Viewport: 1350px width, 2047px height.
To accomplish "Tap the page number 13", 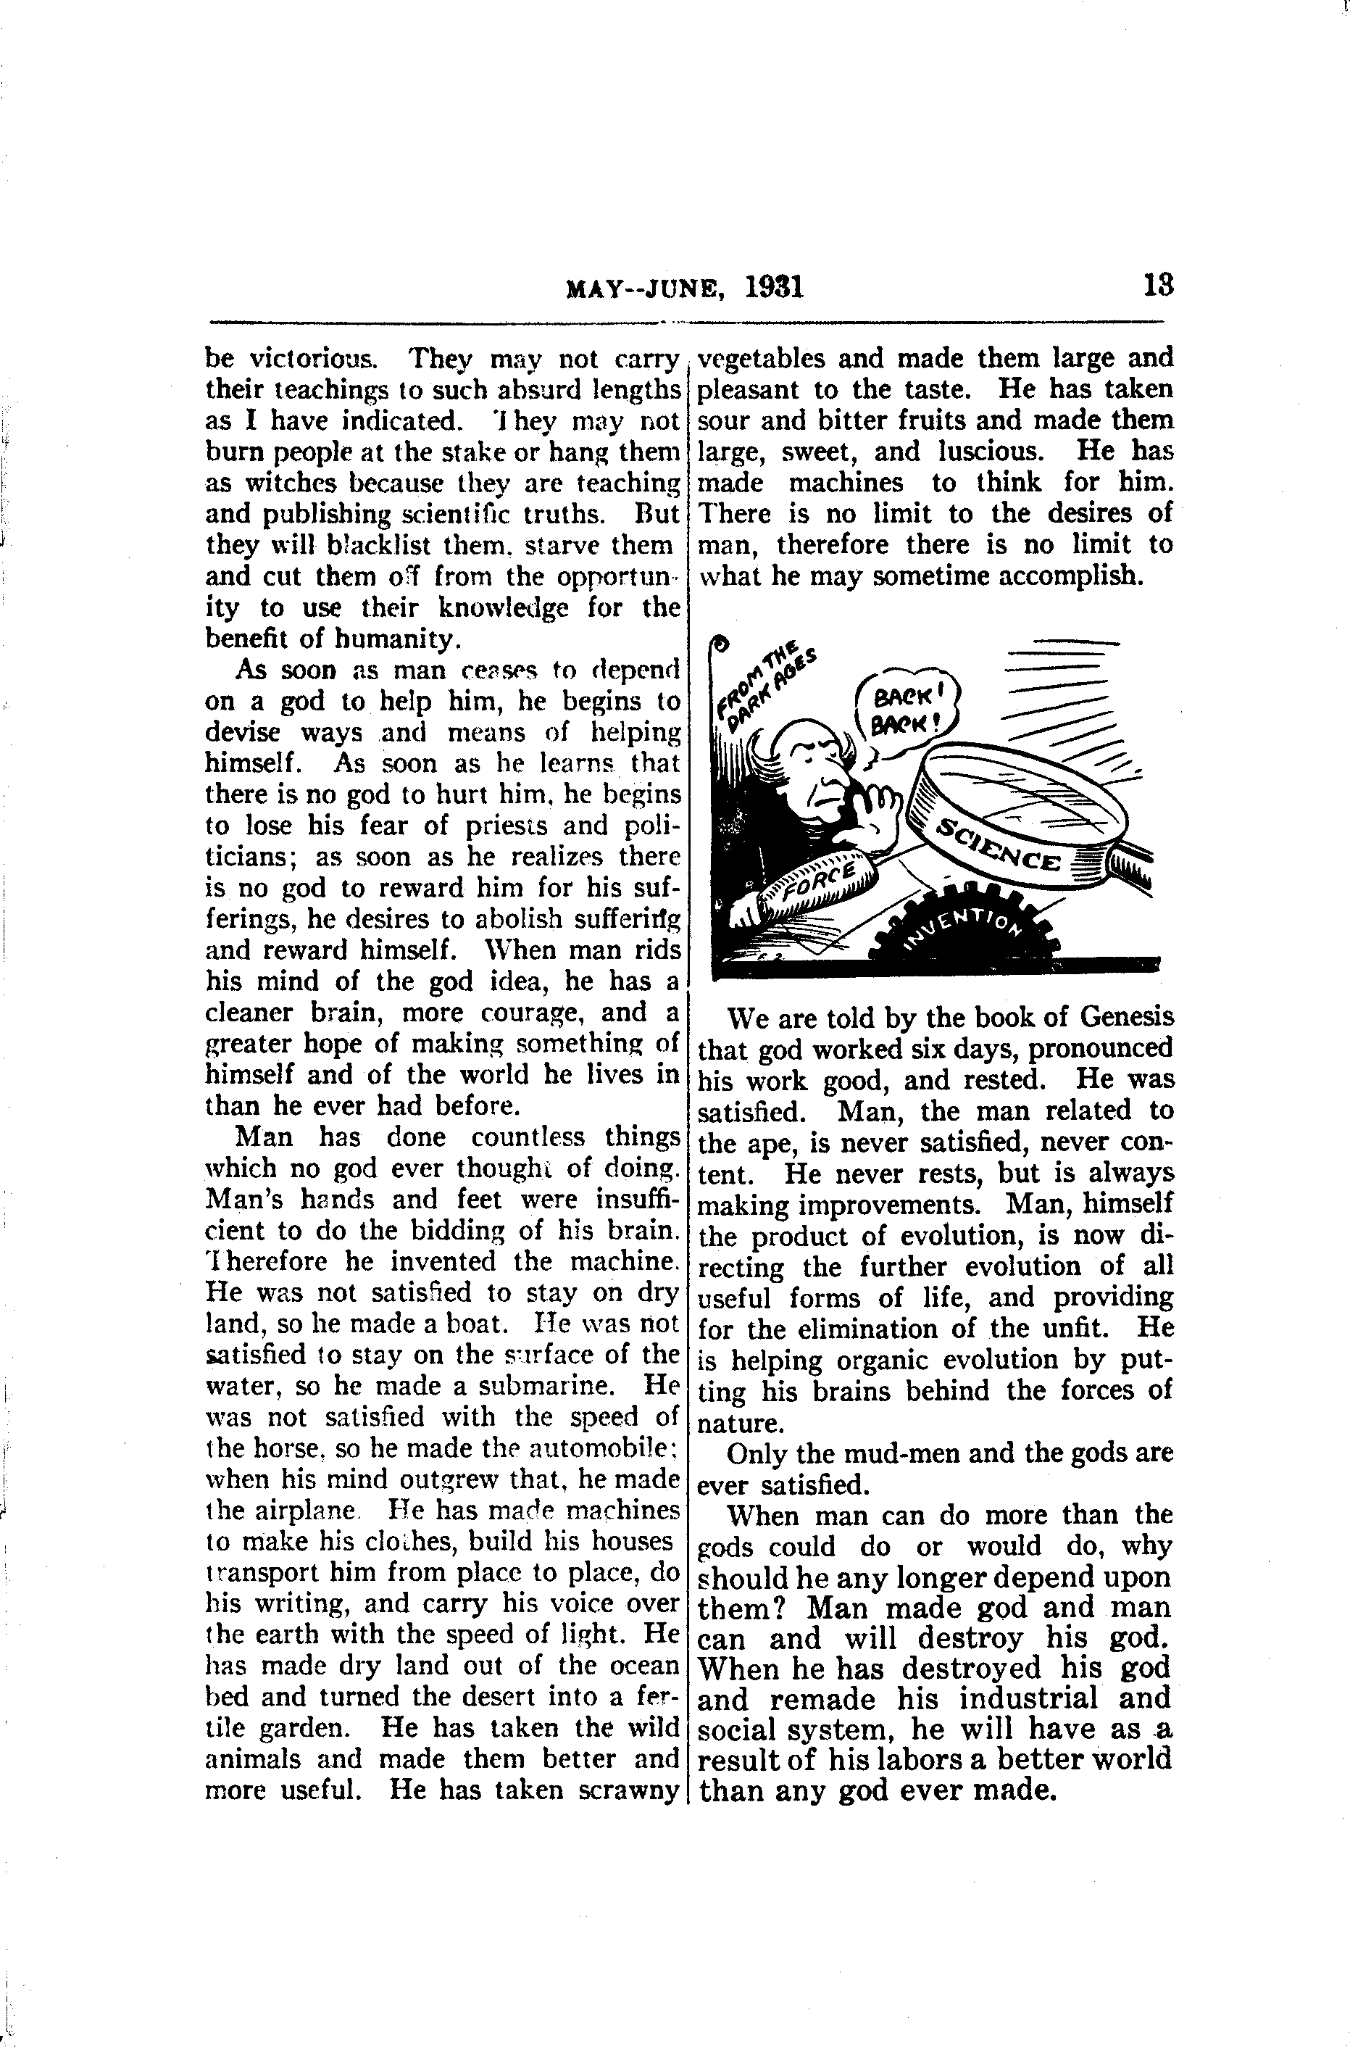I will point(1157,285).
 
